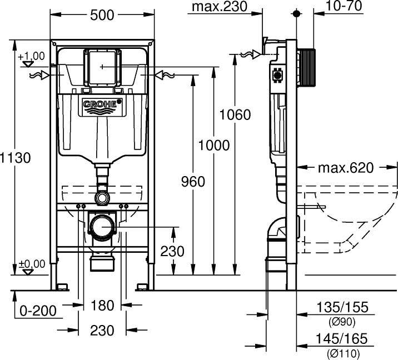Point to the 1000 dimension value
[214, 145]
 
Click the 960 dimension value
[193, 181]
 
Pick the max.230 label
[217, 7]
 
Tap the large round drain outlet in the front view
[102, 227]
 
